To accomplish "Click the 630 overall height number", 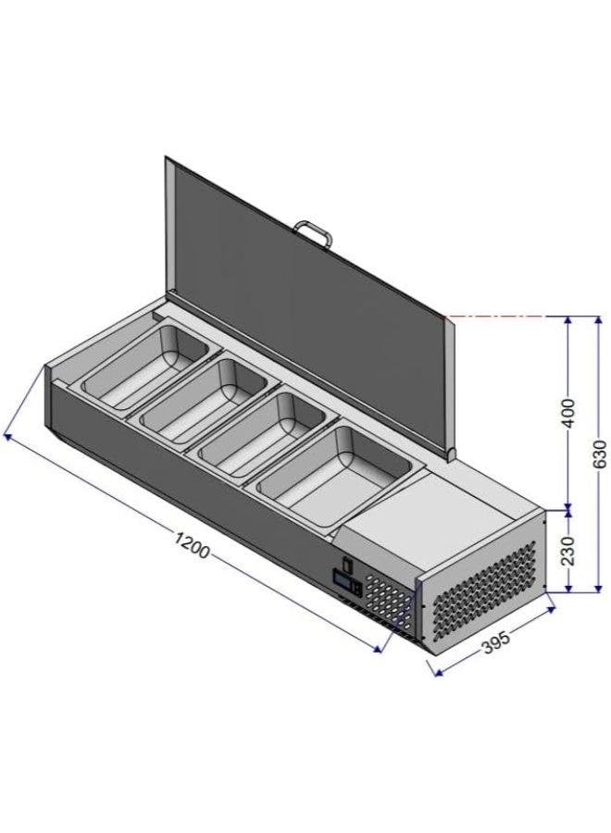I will click(x=599, y=454).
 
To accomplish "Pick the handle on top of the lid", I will click(x=312, y=231).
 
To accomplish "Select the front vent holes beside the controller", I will click(x=390, y=601).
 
